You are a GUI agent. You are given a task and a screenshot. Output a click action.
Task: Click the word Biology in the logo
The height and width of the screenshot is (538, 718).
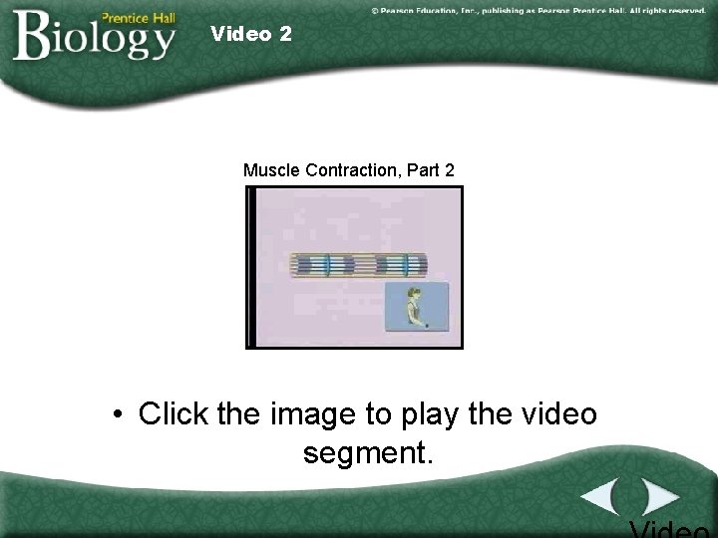[95, 38]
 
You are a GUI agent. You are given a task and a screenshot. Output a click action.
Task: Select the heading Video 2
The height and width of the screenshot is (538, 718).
[251, 34]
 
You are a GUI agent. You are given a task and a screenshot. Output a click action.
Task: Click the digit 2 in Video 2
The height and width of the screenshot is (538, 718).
[286, 34]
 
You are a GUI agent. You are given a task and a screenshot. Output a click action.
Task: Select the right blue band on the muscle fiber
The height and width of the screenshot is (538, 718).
[405, 265]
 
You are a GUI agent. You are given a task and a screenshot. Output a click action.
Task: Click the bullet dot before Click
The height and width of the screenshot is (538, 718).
[119, 414]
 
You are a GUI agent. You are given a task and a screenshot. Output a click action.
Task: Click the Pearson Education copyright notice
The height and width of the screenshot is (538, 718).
[538, 10]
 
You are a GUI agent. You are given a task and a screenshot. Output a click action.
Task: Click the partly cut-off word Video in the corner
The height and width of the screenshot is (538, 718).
[672, 528]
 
